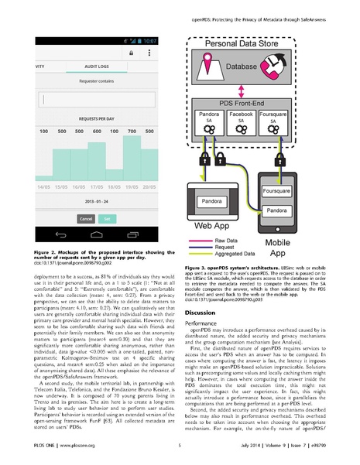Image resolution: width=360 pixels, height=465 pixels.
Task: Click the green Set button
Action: click(x=107, y=219)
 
